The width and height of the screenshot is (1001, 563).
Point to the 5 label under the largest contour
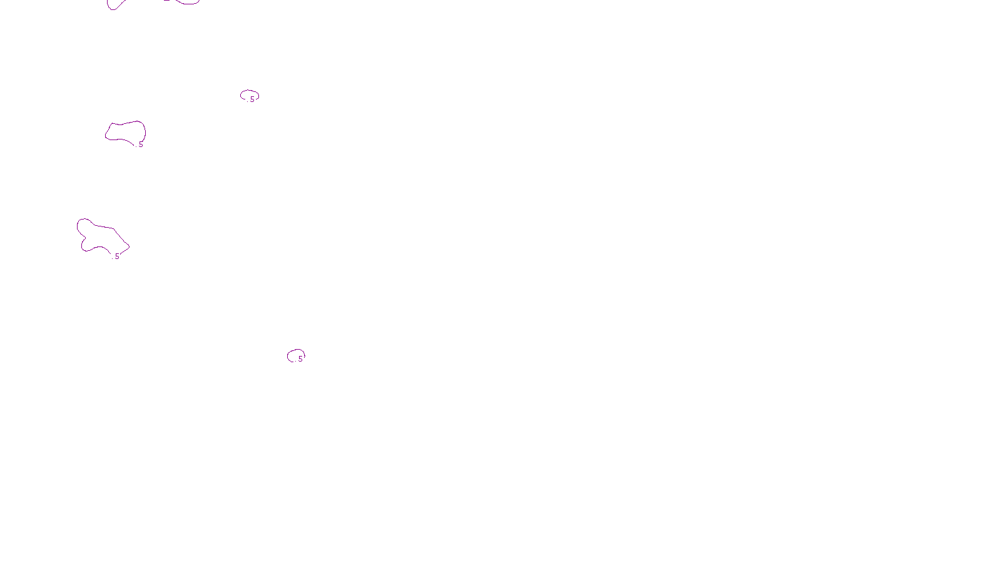point(117,256)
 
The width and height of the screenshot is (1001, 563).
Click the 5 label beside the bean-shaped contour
point(141,145)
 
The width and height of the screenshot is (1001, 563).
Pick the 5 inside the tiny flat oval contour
point(252,99)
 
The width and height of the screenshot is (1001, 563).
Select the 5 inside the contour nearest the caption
point(300,358)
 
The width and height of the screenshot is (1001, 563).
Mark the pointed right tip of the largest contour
point(128,246)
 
